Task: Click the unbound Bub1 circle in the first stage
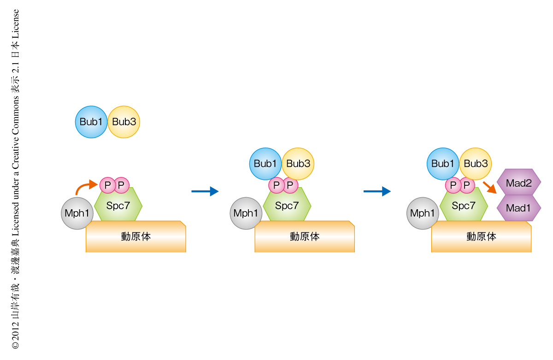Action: [x=91, y=122]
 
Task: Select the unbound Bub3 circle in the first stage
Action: [x=124, y=122]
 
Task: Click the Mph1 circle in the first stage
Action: [x=77, y=213]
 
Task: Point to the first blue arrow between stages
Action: [x=205, y=191]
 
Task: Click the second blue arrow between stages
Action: [x=377, y=191]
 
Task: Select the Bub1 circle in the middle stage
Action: [x=265, y=164]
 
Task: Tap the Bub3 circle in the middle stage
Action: [x=298, y=164]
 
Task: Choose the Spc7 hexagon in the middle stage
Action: [x=287, y=207]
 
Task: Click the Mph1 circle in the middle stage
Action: [x=246, y=213]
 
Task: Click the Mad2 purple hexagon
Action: [x=519, y=183]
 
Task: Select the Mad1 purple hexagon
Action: [x=519, y=208]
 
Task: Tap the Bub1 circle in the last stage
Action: [x=442, y=164]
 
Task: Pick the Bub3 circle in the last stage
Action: [x=476, y=164]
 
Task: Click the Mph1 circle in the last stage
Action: [x=423, y=213]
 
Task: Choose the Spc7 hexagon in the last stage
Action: [x=464, y=207]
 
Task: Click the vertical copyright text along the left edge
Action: [x=16, y=180]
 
